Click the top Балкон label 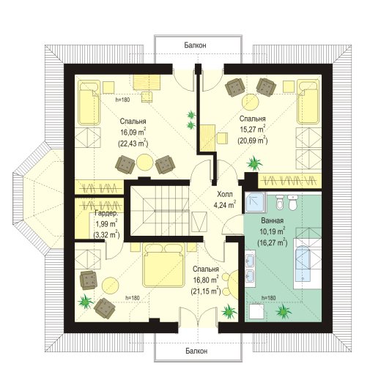click(195, 45)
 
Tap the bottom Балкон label click(196, 351)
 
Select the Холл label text click(225, 194)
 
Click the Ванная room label click(273, 220)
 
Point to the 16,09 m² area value click(133, 132)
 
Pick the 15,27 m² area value click(253, 129)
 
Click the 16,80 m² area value click(206, 280)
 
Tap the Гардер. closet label click(106, 213)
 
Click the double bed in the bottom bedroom click(163, 265)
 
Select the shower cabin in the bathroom click(256, 202)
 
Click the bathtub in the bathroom click(303, 263)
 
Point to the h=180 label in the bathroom click(268, 298)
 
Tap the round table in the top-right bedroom click(251, 103)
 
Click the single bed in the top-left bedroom click(89, 103)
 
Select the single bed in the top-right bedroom click(308, 102)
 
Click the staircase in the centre click(160, 211)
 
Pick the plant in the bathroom click(284, 311)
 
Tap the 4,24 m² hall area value click(225, 205)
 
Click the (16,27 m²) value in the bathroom click(273, 242)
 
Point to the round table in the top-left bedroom click(145, 163)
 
